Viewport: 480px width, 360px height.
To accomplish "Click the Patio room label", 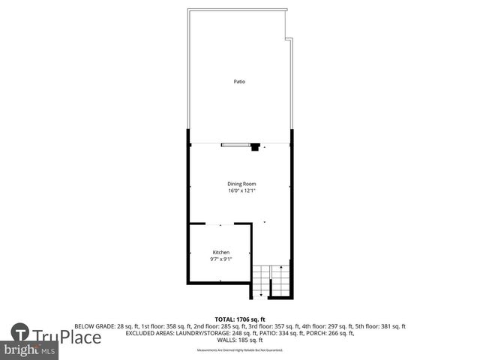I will [239, 82].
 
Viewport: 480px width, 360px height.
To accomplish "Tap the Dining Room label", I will [241, 184].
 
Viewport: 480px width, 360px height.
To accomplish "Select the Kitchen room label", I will [220, 253].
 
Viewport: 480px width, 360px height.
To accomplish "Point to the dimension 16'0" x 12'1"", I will [241, 190].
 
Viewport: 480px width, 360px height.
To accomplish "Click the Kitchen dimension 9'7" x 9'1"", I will [220, 259].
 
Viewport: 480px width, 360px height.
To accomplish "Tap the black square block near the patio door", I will [256, 148].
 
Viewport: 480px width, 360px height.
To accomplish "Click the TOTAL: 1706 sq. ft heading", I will [239, 319].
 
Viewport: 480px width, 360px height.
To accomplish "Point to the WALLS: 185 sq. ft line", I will [239, 340].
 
